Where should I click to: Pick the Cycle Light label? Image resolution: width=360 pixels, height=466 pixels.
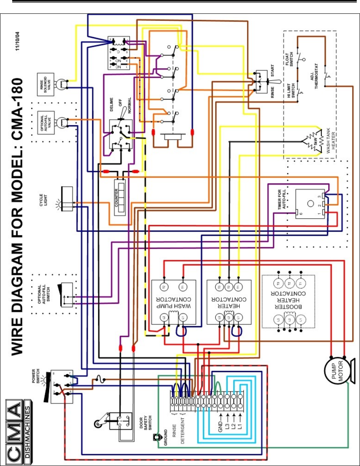tap(46, 200)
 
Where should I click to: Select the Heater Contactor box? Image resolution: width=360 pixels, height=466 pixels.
tap(229, 302)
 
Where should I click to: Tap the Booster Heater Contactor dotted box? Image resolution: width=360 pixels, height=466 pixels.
tap(288, 301)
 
